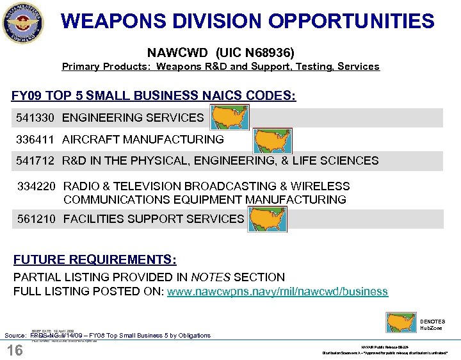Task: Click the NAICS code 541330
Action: pyautogui.click(x=37, y=118)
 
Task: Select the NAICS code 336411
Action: pyautogui.click(x=37, y=139)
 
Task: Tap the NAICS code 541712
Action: pyautogui.click(x=37, y=161)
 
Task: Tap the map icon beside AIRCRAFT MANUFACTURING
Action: pyautogui.click(x=272, y=140)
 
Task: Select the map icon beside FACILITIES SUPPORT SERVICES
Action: pyautogui.click(x=267, y=219)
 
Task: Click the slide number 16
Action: pyautogui.click(x=14, y=350)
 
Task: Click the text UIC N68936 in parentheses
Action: pyautogui.click(x=255, y=51)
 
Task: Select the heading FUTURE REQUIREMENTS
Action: pyautogui.click(x=95, y=260)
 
